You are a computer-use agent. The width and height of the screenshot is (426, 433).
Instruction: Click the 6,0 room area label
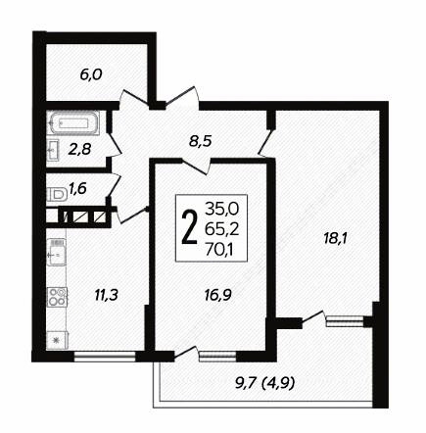91,75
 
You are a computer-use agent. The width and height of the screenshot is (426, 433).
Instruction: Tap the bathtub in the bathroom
73,123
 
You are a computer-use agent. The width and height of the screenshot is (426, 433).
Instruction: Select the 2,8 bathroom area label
79,150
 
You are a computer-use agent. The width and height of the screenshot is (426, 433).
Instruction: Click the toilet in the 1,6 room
56,195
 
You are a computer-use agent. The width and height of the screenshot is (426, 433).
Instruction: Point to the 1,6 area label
77,188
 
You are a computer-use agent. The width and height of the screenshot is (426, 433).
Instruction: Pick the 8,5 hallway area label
201,141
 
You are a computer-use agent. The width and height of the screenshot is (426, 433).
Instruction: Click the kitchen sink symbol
56,252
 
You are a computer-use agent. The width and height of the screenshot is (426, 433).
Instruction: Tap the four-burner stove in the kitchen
57,297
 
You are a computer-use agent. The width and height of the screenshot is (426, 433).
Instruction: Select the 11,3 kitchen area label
106,295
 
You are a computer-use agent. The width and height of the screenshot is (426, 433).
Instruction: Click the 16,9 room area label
218,295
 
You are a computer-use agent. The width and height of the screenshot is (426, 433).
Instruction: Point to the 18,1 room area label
337,239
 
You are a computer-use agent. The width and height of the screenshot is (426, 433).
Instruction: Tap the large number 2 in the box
190,227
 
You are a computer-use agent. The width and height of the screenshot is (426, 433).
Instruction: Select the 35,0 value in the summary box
222,208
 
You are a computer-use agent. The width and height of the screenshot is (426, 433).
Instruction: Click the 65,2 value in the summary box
222,230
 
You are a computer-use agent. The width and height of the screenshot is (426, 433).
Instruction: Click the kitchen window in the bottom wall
105,357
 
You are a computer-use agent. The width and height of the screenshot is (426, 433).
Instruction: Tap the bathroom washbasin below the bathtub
53,150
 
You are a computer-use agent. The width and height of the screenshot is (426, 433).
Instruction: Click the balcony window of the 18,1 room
345,321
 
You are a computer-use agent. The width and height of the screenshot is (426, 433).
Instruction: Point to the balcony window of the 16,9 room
217,357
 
